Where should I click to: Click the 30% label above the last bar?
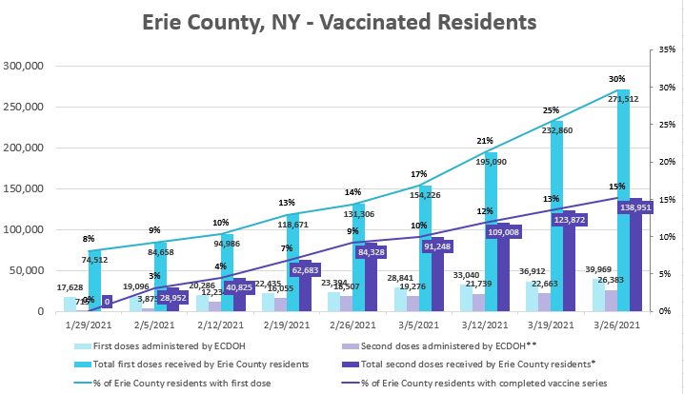[x=617, y=79]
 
